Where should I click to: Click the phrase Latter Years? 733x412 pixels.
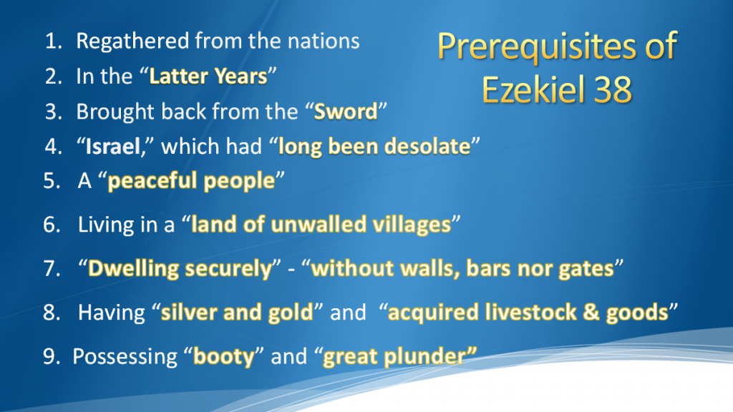(x=208, y=76)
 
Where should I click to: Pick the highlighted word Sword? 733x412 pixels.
(x=346, y=112)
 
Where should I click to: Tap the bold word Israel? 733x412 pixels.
(x=112, y=147)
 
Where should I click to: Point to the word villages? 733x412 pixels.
(x=412, y=225)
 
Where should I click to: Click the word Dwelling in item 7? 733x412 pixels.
(x=133, y=269)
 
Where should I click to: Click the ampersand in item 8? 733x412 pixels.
(x=591, y=313)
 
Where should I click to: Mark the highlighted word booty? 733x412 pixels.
(x=224, y=357)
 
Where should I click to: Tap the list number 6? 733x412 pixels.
(x=52, y=225)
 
